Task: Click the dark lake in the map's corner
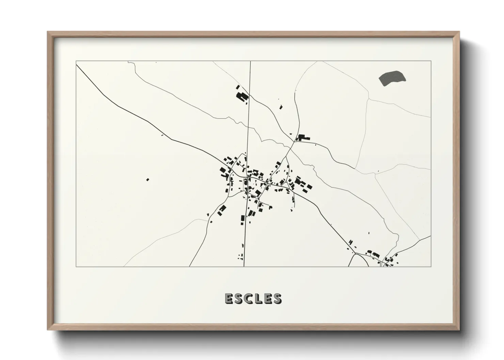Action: tap(392, 78)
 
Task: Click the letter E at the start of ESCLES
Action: tap(229, 298)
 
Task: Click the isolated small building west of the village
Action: tap(147, 179)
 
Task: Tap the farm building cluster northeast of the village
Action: tap(302, 137)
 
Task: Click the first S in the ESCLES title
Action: tap(239, 298)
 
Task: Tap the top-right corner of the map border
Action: tap(431, 61)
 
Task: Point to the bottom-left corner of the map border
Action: tap(76, 266)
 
